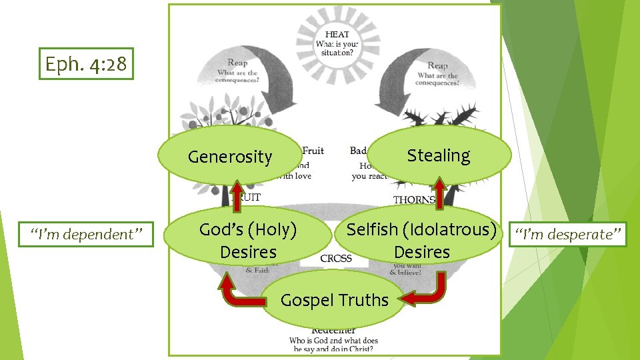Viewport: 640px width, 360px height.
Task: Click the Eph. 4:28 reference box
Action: pos(86,64)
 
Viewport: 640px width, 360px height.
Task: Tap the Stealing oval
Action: pos(439,155)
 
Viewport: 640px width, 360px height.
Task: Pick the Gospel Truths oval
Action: pos(334,300)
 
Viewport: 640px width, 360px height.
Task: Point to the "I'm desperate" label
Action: pos(567,234)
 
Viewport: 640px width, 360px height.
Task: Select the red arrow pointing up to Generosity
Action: pos(237,194)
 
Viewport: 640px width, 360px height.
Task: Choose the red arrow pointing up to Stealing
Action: pos(439,190)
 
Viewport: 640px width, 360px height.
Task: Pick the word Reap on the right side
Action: pos(437,65)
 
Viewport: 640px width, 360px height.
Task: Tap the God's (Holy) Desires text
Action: pos(248,241)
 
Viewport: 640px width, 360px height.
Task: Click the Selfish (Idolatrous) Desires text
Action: pos(422,241)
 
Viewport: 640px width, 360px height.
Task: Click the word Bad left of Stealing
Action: pos(358,151)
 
